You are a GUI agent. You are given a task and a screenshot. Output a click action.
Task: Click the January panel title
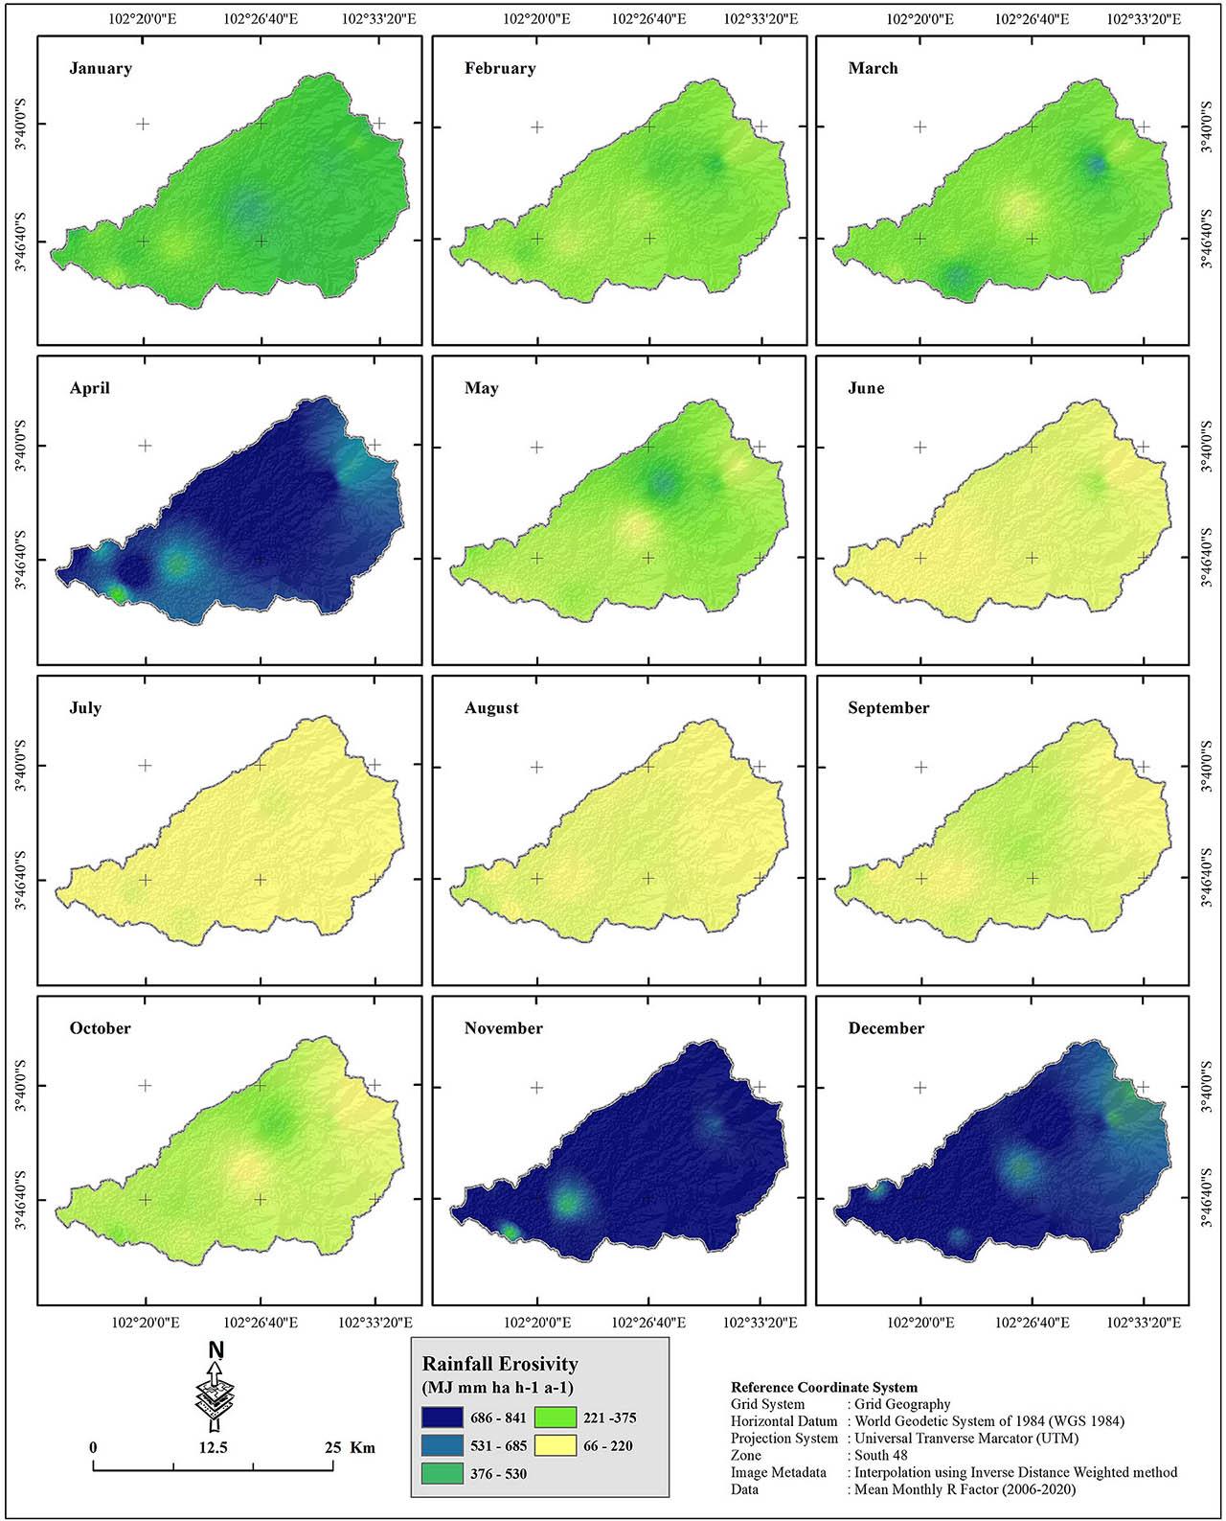click(101, 69)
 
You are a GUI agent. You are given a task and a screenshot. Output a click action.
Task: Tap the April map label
click(89, 388)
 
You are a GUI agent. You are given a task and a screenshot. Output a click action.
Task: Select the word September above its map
click(888, 708)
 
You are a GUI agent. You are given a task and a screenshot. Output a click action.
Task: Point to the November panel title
click(503, 1028)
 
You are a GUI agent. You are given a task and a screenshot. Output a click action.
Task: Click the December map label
click(886, 1028)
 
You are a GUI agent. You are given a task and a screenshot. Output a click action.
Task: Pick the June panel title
click(866, 388)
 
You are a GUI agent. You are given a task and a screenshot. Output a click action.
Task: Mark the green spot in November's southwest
click(568, 1202)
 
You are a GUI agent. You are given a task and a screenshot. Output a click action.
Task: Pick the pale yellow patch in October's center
click(246, 1168)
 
